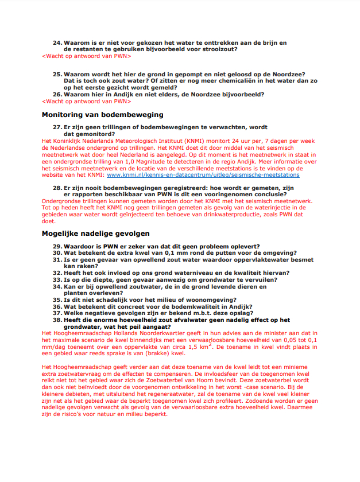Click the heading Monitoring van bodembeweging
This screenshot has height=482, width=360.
(102, 115)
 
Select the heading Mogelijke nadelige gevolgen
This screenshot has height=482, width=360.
(95, 234)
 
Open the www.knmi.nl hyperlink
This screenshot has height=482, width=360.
(203, 174)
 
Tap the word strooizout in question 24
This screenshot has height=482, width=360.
(217, 49)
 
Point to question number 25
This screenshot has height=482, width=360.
(57, 75)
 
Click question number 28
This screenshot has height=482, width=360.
(57, 188)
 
